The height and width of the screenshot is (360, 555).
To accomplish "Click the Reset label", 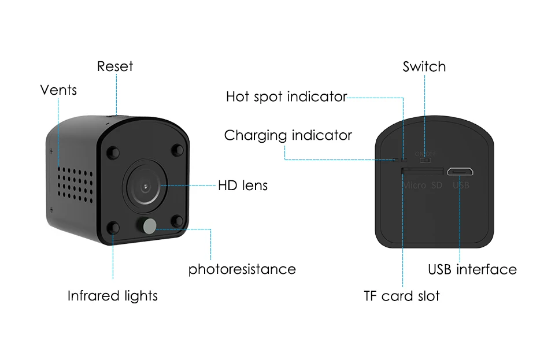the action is tap(115, 66).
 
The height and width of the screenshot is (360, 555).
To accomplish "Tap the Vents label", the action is tap(58, 90).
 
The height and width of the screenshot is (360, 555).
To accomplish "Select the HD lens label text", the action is tap(243, 185).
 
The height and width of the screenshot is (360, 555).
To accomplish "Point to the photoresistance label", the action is tap(242, 269).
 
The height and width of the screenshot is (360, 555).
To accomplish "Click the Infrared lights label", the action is tap(113, 296).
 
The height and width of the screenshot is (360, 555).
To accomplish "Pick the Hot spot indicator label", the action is tap(286, 97).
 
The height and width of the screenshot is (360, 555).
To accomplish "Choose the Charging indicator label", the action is tap(288, 135).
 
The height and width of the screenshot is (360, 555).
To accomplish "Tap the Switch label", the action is tap(424, 66).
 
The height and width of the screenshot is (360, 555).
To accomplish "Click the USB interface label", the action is tap(472, 269).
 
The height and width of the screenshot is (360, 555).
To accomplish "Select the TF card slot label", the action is tap(402, 296).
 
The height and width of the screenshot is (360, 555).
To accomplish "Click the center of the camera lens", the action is tap(145, 187).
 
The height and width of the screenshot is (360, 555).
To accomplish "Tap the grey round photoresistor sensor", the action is tap(150, 226).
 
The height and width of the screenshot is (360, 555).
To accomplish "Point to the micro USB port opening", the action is tap(460, 172).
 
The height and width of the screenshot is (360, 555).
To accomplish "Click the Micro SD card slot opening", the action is tap(422, 172).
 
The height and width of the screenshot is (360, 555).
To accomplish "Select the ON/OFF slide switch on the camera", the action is tap(425, 160).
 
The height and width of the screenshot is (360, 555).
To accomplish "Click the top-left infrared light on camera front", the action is tap(113, 153).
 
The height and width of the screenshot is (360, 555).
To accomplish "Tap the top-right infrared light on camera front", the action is tap(177, 150).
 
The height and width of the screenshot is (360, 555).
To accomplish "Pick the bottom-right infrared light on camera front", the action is tap(177, 221).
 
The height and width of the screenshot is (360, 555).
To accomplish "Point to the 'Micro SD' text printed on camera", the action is tap(423, 185).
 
